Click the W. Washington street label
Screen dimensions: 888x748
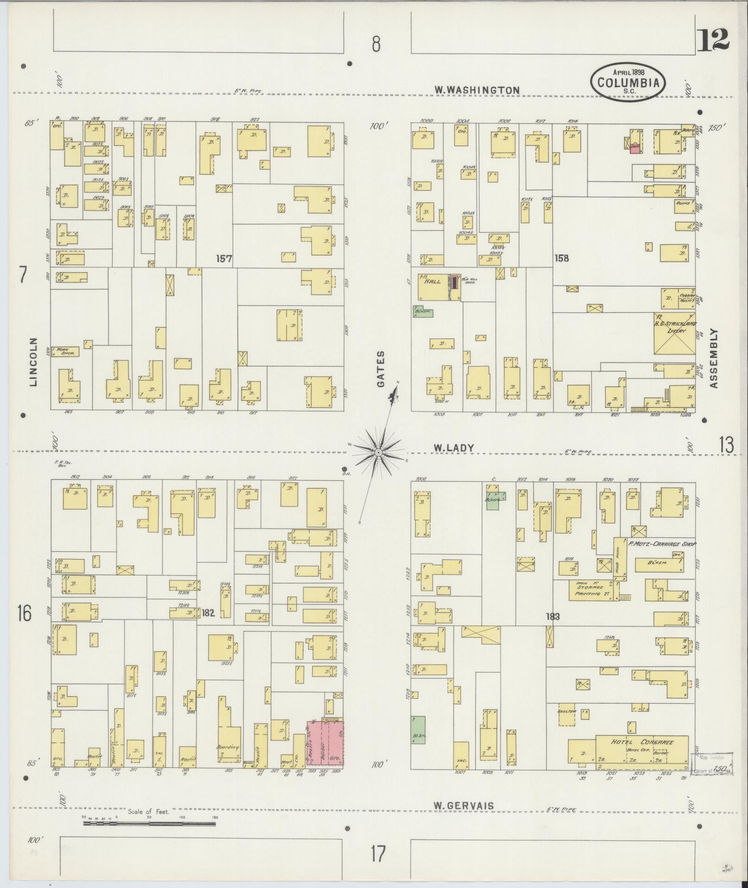pos(477,90)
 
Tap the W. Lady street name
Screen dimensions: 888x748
pos(454,448)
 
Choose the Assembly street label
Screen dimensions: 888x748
pos(713,358)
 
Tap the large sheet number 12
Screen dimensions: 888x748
pos(713,40)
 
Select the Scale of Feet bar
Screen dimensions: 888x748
pos(149,824)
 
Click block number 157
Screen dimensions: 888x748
pos(224,259)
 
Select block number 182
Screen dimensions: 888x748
pos(208,613)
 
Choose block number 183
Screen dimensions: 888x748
pos(553,617)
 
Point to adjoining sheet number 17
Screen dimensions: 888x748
pos(378,854)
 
